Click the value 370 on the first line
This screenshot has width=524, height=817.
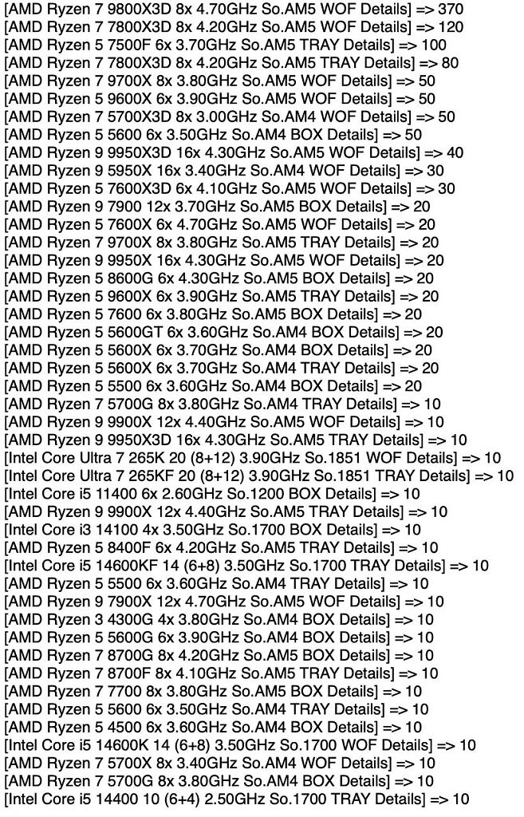pos(450,9)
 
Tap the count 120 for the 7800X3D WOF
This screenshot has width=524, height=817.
pos(450,27)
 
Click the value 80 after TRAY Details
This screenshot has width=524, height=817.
pos(450,63)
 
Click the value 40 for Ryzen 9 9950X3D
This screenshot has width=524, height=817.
pos(454,152)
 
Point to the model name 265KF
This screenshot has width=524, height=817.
pos(141,476)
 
